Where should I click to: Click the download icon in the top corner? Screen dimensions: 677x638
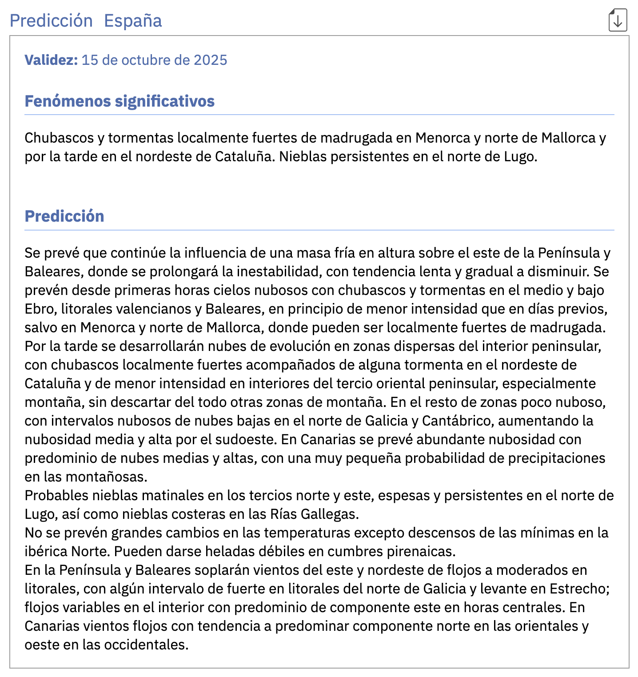pos(618,20)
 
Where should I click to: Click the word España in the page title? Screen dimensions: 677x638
pos(133,21)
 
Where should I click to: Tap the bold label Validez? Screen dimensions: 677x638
pos(51,60)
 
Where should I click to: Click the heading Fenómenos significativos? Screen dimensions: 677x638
pos(120,101)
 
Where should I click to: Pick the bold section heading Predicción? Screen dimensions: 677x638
pos(64,216)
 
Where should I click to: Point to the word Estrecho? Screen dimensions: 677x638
pos(579,589)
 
